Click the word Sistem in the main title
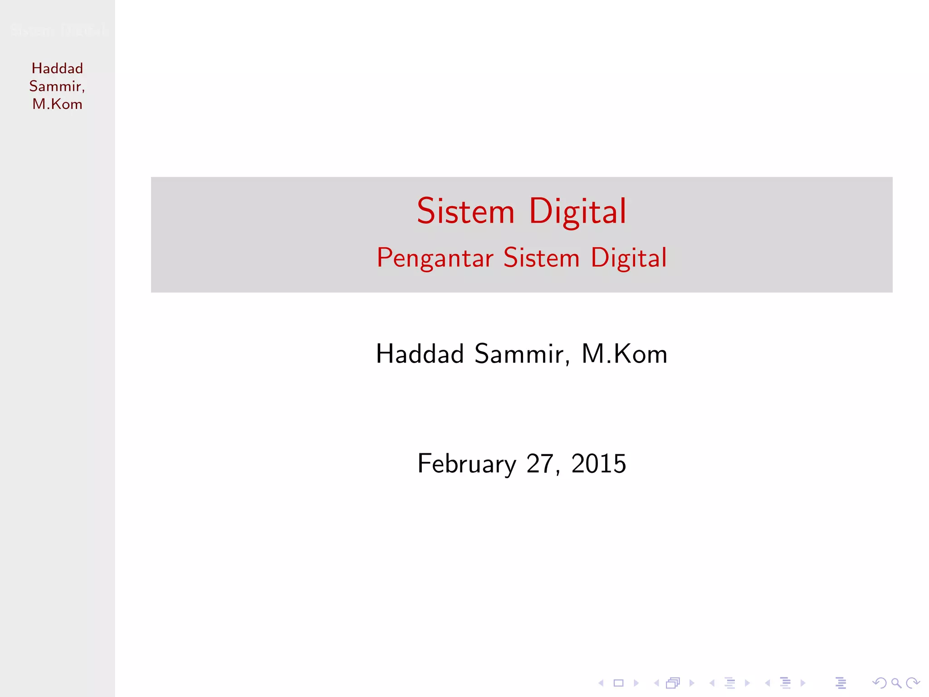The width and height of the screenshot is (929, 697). (x=465, y=211)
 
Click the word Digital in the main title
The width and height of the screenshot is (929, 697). (x=577, y=211)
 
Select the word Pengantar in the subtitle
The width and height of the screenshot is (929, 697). (x=435, y=258)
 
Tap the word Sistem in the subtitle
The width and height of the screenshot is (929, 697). (x=542, y=258)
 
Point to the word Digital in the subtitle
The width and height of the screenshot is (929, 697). (x=629, y=258)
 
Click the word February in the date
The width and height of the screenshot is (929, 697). (x=466, y=464)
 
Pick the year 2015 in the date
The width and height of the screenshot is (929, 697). (x=598, y=464)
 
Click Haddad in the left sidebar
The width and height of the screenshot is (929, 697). (x=57, y=69)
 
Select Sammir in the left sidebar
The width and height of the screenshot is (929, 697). (x=56, y=86)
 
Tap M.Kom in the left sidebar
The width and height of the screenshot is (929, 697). (x=57, y=104)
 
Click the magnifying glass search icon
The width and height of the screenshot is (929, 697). (x=896, y=683)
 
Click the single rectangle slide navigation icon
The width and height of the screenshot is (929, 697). (x=618, y=683)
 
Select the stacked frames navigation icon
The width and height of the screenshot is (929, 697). (x=673, y=683)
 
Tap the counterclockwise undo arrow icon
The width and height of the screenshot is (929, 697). (x=879, y=683)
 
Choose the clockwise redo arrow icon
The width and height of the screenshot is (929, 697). (x=913, y=683)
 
